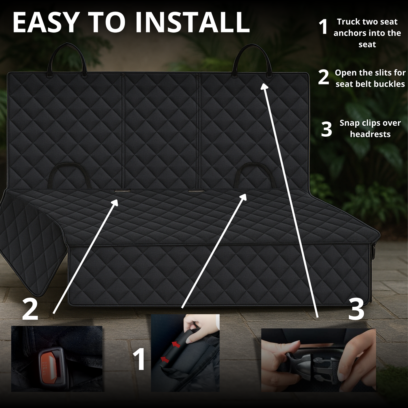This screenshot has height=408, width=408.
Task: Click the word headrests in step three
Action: tap(370, 134)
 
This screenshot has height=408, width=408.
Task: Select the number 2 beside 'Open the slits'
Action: tap(324, 77)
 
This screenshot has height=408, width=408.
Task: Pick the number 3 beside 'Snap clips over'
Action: tap(326, 129)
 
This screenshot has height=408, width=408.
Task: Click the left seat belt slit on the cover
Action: tap(122, 191)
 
